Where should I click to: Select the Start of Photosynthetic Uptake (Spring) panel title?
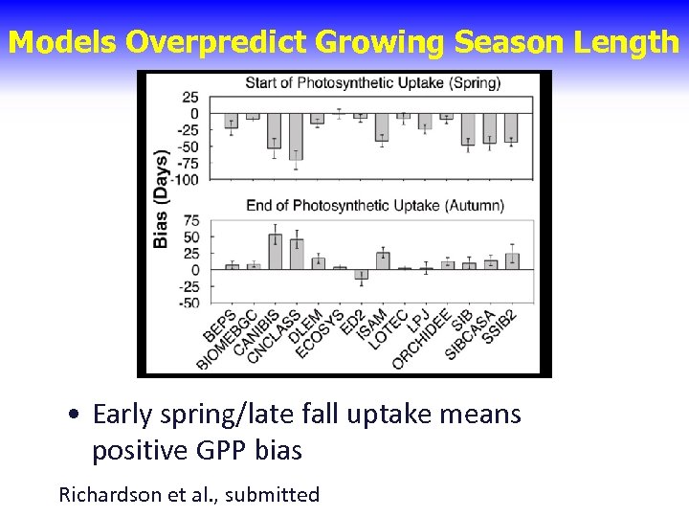pyautogui.click(x=373, y=83)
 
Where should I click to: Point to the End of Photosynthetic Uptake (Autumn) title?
pyautogui.click(x=375, y=205)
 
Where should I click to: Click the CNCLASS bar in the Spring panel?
pyautogui.click(x=296, y=137)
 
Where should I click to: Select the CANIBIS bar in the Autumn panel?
pyautogui.click(x=275, y=252)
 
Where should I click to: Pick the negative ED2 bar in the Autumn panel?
pyautogui.click(x=361, y=275)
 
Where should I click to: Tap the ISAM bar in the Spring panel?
pyautogui.click(x=382, y=127)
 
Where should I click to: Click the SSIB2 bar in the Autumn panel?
pyautogui.click(x=512, y=260)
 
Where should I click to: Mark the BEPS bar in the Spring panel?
pyautogui.click(x=231, y=121)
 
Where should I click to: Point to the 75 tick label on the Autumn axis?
pyautogui.click(x=190, y=220)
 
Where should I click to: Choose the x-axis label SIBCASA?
pyautogui.click(x=470, y=334)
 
